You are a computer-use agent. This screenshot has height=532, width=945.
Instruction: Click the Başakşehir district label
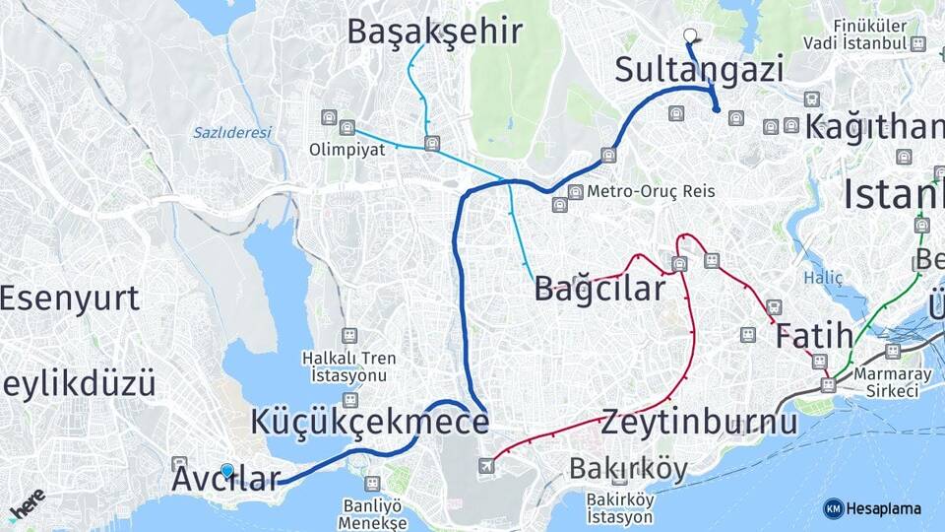[x=434, y=32]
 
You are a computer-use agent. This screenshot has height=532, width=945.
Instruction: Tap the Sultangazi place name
[x=699, y=70]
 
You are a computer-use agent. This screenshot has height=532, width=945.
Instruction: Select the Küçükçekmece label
[x=369, y=422]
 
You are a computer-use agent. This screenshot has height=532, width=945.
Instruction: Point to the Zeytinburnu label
[x=698, y=422]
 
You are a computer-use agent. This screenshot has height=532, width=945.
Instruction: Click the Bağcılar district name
[x=599, y=289]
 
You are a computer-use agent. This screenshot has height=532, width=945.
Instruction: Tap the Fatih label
[x=814, y=337]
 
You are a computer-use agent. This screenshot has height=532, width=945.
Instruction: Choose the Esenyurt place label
[x=69, y=298]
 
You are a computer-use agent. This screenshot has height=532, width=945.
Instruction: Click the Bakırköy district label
[x=627, y=469]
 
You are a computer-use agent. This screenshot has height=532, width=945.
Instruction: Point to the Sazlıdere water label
[x=231, y=131]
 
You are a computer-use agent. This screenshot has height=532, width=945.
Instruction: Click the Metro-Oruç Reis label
[x=650, y=191]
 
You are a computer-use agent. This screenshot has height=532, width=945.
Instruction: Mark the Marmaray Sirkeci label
[x=886, y=382]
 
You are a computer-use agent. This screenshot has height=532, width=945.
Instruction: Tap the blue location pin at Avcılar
[x=227, y=472]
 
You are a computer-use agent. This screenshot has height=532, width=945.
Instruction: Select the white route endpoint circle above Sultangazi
[x=689, y=35]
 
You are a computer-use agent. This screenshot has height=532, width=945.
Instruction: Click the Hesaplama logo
[x=872, y=508]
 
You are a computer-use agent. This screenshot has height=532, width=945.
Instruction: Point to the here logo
[x=28, y=504]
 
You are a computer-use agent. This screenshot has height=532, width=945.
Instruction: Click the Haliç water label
[x=823, y=279]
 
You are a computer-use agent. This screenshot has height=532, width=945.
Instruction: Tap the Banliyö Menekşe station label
[x=372, y=514]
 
